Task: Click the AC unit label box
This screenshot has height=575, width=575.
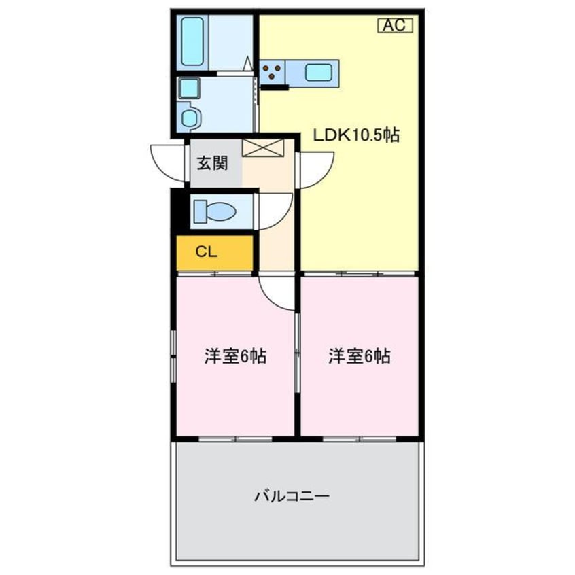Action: tap(395, 26)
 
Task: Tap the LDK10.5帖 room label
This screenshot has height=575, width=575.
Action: tap(355, 136)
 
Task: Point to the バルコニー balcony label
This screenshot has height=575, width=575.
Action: tap(292, 496)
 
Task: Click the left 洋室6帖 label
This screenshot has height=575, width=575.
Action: tap(234, 355)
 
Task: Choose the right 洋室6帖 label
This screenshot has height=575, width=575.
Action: tap(359, 355)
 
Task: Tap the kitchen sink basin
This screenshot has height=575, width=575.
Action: tap(317, 71)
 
